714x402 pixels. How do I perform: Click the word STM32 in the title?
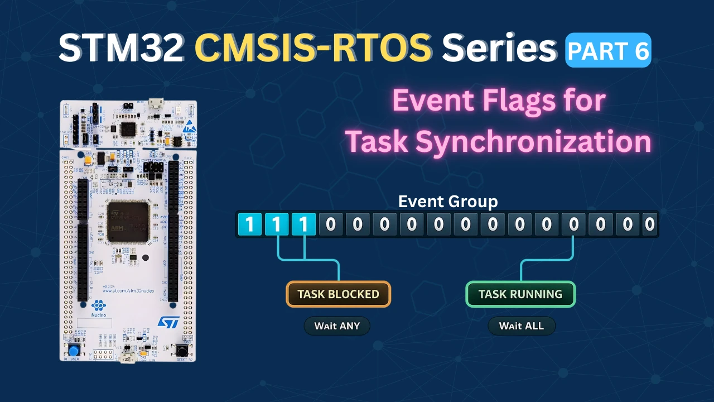pyautogui.click(x=121, y=49)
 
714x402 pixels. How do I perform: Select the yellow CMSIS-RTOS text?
pyautogui.click(x=313, y=49)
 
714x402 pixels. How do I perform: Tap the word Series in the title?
pyautogui.click(x=500, y=49)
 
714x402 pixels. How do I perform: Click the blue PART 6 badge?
pyautogui.click(x=609, y=50)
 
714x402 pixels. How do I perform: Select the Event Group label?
pyautogui.click(x=447, y=202)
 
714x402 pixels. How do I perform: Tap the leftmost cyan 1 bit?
pyautogui.click(x=249, y=224)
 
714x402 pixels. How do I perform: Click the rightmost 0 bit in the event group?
pyautogui.click(x=649, y=224)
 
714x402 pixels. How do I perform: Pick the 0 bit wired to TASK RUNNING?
pyautogui.click(x=573, y=224)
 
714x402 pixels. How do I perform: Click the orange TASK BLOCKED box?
pyautogui.click(x=338, y=294)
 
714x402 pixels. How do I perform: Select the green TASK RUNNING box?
pyautogui.click(x=520, y=294)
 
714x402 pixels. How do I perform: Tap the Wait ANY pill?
pyautogui.click(x=337, y=326)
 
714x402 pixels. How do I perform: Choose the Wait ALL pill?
pyautogui.click(x=522, y=326)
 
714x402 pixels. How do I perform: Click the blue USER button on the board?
pyautogui.click(x=73, y=351)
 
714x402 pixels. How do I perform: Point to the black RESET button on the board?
pyautogui.click(x=182, y=351)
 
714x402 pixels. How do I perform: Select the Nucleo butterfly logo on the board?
pyautogui.click(x=98, y=306)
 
